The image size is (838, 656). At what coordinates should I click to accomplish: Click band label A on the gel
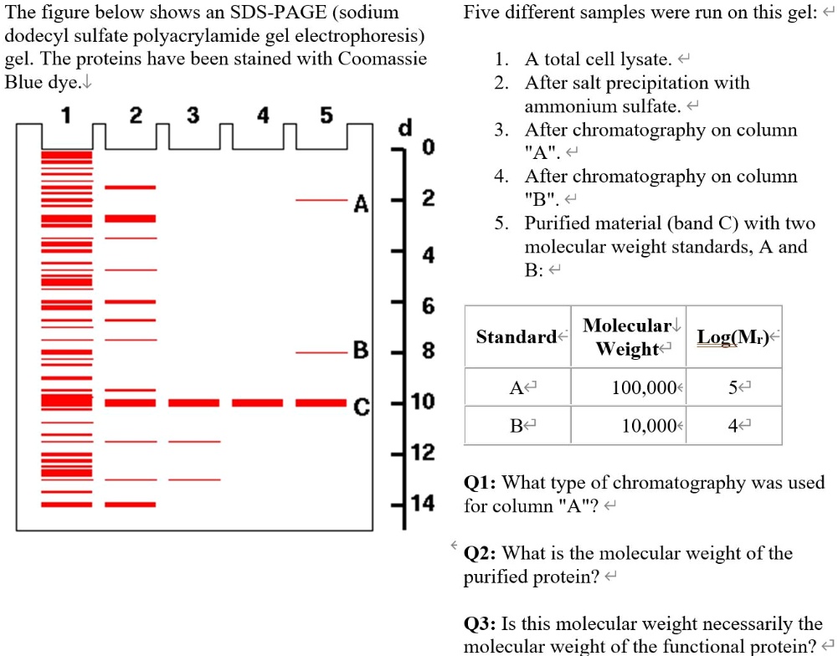click(x=361, y=203)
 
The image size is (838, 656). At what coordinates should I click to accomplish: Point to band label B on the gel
click(x=361, y=352)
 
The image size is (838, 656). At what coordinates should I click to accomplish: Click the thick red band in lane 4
click(x=257, y=402)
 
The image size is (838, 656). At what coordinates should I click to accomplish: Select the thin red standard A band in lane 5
click(x=319, y=201)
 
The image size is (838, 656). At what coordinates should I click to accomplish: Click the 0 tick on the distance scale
click(x=428, y=149)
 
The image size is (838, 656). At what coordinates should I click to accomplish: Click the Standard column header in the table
click(x=517, y=336)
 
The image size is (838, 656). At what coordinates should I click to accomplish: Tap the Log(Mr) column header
click(x=733, y=336)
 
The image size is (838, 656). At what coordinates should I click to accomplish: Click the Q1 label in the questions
click(x=481, y=483)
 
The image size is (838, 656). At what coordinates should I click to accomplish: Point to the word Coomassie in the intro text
click(x=382, y=59)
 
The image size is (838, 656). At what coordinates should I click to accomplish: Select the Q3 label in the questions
click(x=481, y=624)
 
